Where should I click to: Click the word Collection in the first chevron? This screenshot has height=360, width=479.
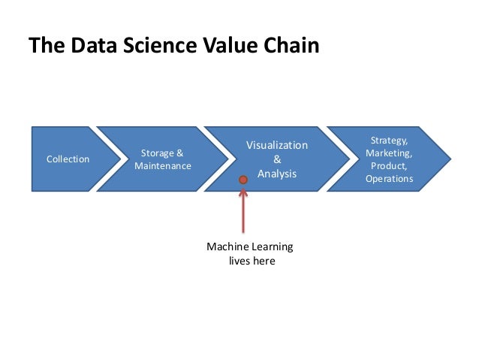68,159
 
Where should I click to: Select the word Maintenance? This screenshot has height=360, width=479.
163,166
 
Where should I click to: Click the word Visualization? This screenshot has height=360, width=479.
277,145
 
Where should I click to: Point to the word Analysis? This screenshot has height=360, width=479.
277,174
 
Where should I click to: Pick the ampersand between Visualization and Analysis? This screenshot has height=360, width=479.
277,159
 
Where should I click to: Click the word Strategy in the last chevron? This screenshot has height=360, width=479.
389,141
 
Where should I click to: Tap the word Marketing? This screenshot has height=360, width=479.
389,153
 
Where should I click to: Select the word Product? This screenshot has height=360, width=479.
389,166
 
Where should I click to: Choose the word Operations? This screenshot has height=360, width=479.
389,179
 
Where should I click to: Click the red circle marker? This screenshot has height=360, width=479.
243,180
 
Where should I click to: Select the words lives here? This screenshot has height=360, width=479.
252,262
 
